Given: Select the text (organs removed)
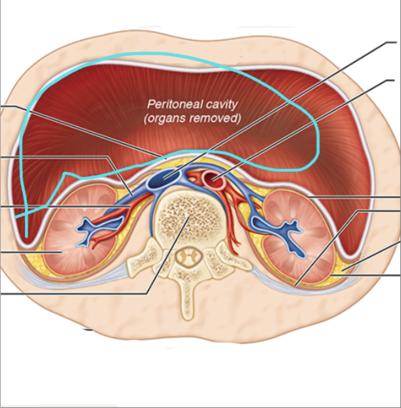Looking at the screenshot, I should click(x=192, y=119).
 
